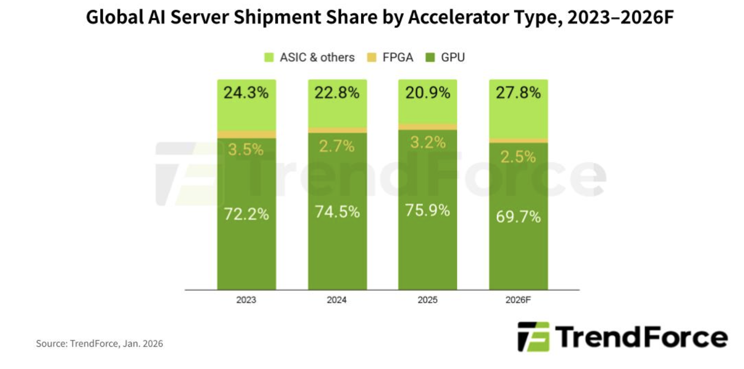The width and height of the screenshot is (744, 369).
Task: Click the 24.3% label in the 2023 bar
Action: click(x=246, y=92)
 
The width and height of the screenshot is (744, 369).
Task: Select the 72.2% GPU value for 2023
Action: click(x=246, y=214)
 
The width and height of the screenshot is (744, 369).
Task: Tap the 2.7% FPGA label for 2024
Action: click(x=337, y=146)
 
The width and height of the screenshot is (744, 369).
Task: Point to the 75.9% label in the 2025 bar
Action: click(x=427, y=211)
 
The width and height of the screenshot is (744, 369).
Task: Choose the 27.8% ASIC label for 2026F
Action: click(x=518, y=92)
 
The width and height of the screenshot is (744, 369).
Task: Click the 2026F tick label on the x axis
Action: click(x=518, y=300)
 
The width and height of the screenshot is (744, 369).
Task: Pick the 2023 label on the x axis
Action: click(x=246, y=300)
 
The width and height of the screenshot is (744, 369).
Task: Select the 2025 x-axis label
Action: click(x=427, y=300)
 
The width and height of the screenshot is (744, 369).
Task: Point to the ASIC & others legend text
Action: click(x=317, y=58)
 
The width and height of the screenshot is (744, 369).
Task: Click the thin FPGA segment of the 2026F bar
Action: click(x=518, y=141)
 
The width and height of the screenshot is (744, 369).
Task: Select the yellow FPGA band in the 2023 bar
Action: click(x=246, y=134)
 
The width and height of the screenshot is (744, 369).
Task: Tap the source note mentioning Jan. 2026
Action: click(x=100, y=344)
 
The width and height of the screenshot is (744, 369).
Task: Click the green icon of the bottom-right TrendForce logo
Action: click(x=533, y=335)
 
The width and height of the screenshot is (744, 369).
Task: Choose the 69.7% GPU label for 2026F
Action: click(x=518, y=217)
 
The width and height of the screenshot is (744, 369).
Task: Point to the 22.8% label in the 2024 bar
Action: click(x=337, y=92)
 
